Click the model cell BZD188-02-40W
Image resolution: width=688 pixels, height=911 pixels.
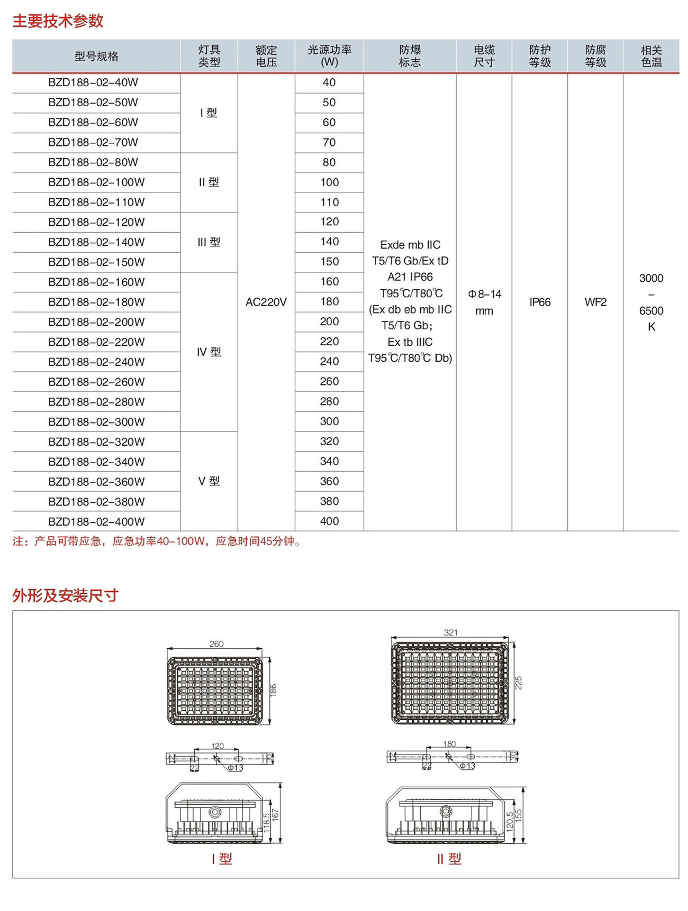(x=93, y=82)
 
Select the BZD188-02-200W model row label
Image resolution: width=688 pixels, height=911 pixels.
(x=96, y=322)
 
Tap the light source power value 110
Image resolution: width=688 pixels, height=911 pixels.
(x=329, y=202)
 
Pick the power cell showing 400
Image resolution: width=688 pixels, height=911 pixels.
(x=329, y=521)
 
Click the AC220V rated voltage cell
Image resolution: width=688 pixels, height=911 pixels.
(x=266, y=302)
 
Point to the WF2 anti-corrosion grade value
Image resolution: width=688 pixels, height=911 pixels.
(x=595, y=302)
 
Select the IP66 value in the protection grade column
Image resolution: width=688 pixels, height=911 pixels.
(x=540, y=302)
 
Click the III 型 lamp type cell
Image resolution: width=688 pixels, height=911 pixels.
(x=209, y=242)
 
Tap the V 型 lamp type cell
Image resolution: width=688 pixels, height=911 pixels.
(x=209, y=481)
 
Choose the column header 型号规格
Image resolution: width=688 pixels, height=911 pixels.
(x=96, y=56)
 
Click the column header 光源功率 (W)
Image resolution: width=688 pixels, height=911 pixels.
(x=329, y=56)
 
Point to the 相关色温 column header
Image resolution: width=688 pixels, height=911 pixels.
(x=651, y=56)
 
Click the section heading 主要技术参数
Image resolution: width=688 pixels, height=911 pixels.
(x=58, y=21)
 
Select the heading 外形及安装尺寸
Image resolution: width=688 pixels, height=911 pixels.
(x=65, y=595)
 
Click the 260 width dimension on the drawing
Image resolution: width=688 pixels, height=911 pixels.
(x=216, y=643)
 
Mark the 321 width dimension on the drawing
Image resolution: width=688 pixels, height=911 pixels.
(x=450, y=632)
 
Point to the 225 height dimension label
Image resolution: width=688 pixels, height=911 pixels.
(x=519, y=683)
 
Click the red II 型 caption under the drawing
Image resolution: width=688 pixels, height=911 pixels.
(x=449, y=859)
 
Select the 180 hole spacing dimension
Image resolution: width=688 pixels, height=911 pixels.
(x=449, y=744)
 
